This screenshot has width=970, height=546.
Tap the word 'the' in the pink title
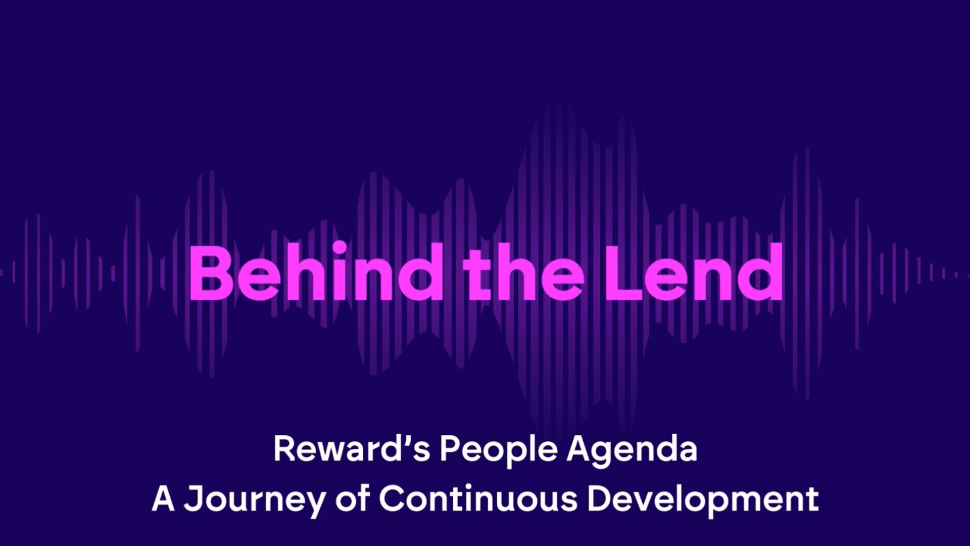pos(524,273)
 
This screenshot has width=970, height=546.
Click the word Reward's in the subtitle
pos(352,449)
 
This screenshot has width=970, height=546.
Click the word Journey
pos(255,499)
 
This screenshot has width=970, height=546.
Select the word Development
pos(703,499)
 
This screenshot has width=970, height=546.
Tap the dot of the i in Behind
pos(339,248)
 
